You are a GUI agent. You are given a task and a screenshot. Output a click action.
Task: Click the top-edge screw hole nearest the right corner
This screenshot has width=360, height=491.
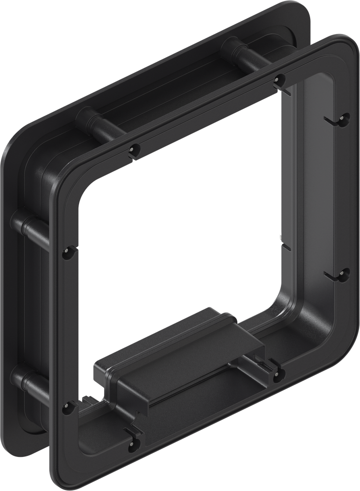pos(280,80)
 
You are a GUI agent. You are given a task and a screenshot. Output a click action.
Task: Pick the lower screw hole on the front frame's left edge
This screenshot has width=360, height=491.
pos(68,408)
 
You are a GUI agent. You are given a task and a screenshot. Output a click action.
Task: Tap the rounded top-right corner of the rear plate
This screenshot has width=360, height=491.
pos(301,12)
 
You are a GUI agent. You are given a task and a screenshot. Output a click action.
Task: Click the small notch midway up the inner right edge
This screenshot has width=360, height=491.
pos(286,246)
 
